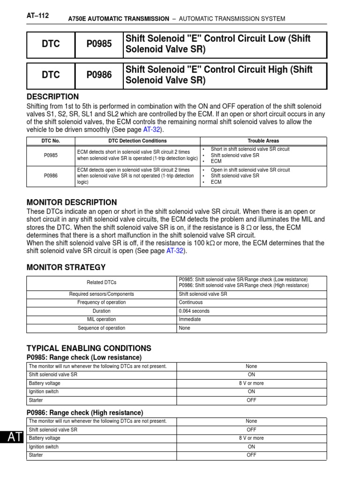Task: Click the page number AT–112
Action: pos(38,15)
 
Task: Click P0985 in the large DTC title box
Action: pos(99,44)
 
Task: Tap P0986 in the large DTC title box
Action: pos(99,75)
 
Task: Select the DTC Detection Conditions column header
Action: pos(137,141)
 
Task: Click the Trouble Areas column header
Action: pos(263,141)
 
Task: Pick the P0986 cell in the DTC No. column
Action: pos(51,176)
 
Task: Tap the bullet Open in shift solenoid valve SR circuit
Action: pos(250,170)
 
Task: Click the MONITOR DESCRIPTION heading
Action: pos(72,202)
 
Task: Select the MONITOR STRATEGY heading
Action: pos(66,267)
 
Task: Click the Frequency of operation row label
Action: pos(101,302)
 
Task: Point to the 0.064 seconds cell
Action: pos(194,311)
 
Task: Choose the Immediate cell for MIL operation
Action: pos(190,319)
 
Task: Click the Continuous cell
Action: pos(191,302)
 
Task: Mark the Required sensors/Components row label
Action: pos(101,294)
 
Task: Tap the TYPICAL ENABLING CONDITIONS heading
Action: pos(89,348)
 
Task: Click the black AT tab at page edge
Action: pos(12,437)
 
